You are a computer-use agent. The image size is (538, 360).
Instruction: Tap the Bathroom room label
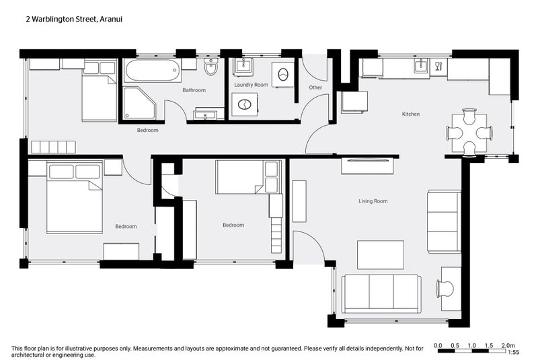tap(194, 90)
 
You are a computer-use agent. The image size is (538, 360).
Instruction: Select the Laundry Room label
tap(251, 85)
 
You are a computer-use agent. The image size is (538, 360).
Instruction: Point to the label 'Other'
tap(315, 87)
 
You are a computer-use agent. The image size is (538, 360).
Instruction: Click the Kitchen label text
tap(410, 114)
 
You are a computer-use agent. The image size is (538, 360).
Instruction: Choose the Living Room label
tap(373, 201)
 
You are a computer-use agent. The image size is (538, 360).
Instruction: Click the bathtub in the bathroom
tap(151, 69)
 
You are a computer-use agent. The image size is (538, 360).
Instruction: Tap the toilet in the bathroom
tap(210, 68)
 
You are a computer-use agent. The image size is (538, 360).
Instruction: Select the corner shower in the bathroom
tap(138, 102)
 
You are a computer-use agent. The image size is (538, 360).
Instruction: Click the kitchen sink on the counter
tap(422, 65)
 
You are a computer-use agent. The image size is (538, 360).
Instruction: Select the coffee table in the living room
tap(381, 254)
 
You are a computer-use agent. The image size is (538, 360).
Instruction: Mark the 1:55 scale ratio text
tap(512, 352)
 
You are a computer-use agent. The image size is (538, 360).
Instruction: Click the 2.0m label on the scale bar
tap(508, 345)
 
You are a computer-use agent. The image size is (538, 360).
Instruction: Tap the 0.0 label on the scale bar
tap(438, 345)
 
